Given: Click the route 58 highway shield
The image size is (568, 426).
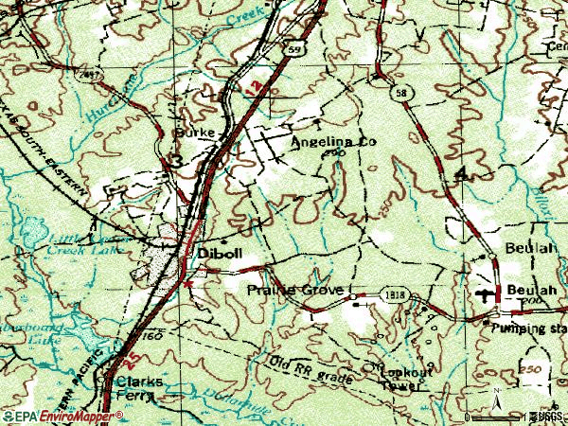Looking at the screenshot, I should (x=400, y=90).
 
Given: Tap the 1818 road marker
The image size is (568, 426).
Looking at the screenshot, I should (x=396, y=296).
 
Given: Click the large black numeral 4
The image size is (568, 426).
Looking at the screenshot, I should (x=461, y=173).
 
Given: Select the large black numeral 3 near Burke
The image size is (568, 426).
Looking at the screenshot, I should (x=175, y=162).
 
